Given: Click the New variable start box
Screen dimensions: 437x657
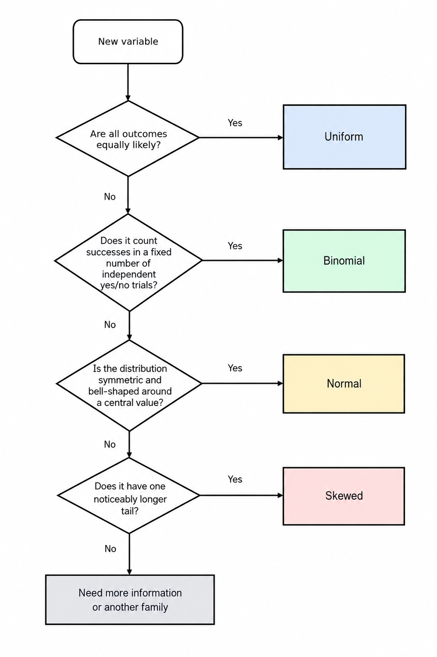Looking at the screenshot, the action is [128, 41].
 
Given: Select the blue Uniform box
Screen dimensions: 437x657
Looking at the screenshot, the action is [344, 137].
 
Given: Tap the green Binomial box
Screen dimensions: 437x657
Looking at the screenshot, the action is [344, 261].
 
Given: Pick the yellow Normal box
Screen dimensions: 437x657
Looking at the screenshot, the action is [344, 383].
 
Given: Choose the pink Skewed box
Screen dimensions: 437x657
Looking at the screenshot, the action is [344, 496].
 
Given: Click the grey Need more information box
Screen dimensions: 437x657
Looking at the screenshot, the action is [130, 600].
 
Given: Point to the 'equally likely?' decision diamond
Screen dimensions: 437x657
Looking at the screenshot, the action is [128, 138].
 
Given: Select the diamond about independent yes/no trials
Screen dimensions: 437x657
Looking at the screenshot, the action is [129, 262].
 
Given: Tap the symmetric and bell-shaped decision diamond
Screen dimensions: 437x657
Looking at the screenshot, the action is [129, 385].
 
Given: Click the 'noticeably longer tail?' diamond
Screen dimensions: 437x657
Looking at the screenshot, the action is [129, 495].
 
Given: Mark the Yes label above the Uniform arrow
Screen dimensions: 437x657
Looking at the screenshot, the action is [235, 123].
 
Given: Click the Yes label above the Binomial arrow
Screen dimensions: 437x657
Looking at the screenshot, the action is [235, 245].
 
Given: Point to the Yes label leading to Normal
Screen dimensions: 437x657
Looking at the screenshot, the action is [235, 368].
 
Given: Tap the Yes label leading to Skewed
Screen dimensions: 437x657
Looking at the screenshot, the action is [235, 479].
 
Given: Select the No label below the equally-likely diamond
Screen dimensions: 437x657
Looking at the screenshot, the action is [110, 197].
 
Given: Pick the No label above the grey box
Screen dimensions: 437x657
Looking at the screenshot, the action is [110, 548].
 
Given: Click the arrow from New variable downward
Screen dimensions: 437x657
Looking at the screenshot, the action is [128, 82].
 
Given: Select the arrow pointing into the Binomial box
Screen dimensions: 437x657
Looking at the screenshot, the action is [243, 260].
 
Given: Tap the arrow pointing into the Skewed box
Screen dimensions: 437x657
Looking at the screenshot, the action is [241, 495].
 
